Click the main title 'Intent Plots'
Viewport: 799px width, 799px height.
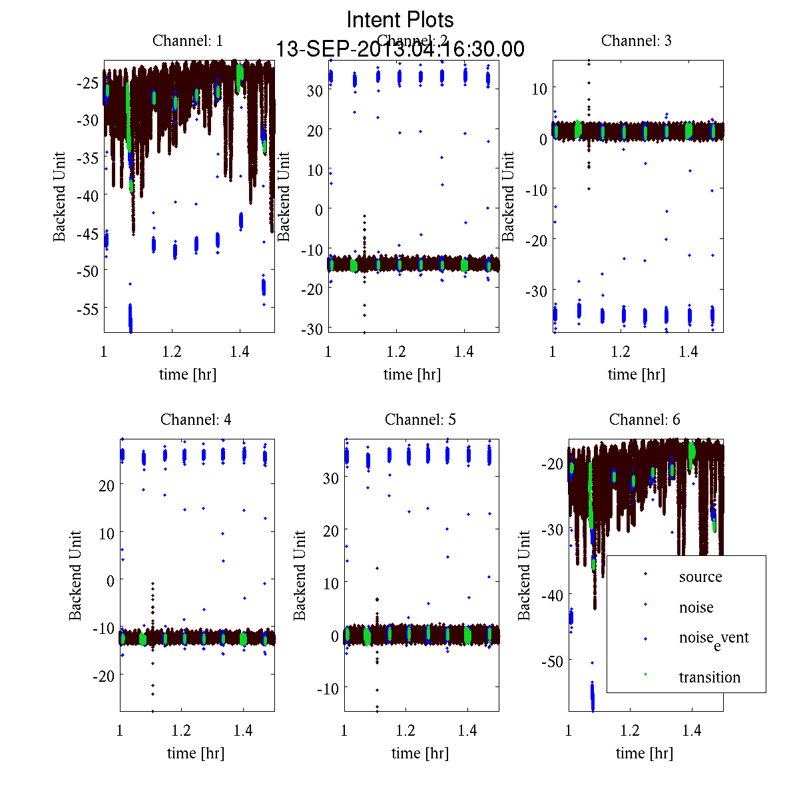tap(400, 19)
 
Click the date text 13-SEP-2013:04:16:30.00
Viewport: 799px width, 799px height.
tap(400, 49)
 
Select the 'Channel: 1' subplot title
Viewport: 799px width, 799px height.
tap(188, 41)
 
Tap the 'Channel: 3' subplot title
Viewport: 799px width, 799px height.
tap(636, 41)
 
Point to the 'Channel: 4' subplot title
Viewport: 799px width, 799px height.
tap(196, 419)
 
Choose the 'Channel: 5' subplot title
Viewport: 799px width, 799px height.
tap(420, 419)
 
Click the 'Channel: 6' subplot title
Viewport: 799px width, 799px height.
tap(645, 419)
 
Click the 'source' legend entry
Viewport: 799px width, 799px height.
tap(700, 577)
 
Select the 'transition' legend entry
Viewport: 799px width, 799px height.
tap(709, 677)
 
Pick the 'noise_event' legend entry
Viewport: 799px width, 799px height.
tap(713, 638)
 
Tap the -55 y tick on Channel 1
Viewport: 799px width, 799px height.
tap(87, 309)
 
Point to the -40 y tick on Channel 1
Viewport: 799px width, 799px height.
tap(87, 196)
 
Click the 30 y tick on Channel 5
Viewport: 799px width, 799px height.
tap(330, 478)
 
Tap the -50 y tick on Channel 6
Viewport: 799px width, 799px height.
tap(552, 661)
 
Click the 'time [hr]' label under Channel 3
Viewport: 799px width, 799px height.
tap(636, 374)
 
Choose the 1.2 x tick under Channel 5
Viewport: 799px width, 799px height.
tap(405, 731)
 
